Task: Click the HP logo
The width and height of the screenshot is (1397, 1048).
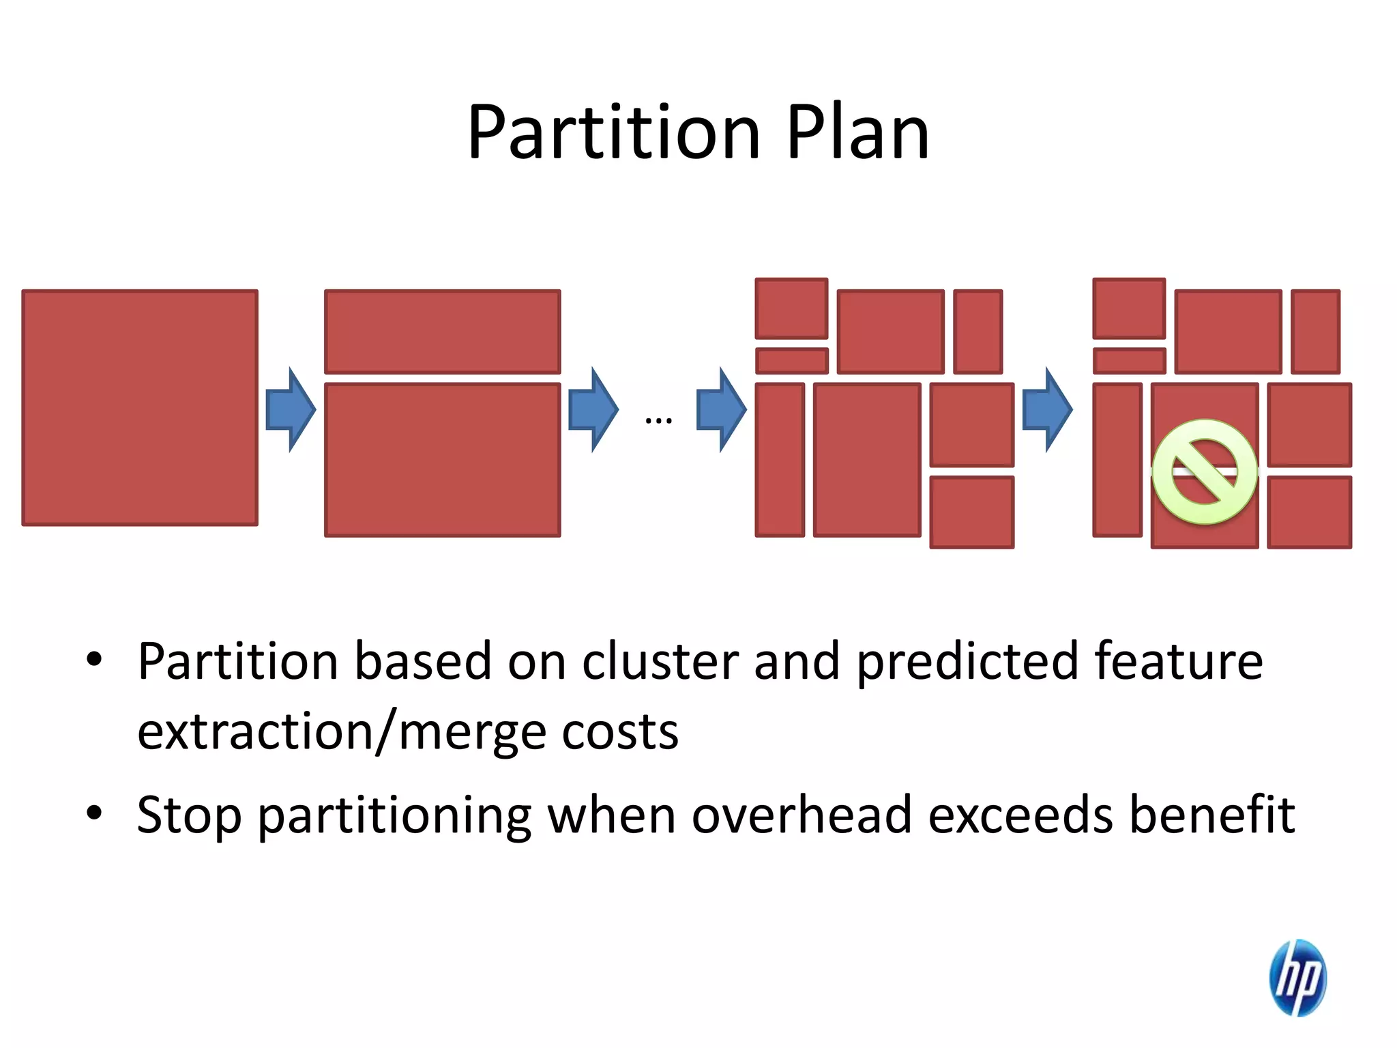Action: coord(1297,977)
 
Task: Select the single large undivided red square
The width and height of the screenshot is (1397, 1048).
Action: coord(140,408)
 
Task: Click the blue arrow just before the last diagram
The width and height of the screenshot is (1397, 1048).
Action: coord(1047,409)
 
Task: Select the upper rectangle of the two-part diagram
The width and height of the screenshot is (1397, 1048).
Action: coord(442,332)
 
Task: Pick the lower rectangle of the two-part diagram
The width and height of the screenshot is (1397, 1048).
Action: coord(442,460)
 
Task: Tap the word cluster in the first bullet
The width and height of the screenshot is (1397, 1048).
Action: coord(660,661)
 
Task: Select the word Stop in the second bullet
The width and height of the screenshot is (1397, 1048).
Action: coord(189,815)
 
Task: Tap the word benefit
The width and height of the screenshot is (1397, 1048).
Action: coord(1211,815)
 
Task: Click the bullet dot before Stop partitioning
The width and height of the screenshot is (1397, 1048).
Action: coord(94,813)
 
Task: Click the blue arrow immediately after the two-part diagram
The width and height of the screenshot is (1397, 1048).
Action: coord(593,409)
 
